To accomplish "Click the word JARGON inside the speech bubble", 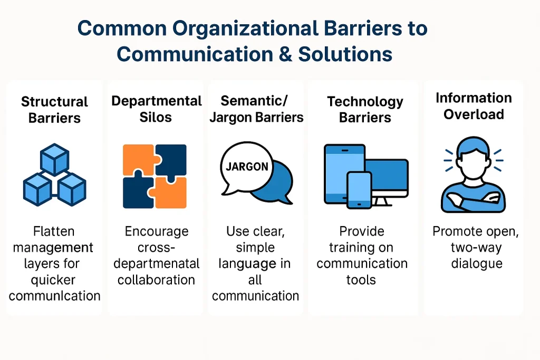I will pos(247,167).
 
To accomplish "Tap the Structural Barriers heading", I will pos(54,109).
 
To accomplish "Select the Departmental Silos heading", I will pos(156,109).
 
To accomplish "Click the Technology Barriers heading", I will pos(365,109).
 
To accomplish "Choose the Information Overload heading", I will pos(474,106).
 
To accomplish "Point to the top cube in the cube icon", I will pos(54,160).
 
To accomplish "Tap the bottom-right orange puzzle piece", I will pos(170,192).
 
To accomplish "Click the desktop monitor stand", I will pos(383,202).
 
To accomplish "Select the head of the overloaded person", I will pos(473,157).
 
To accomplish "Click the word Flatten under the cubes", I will pos(54,231).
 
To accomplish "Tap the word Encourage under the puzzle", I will pos(156,231).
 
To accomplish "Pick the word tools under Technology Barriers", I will pos(361,279).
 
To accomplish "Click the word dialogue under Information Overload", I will pos(473,263).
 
